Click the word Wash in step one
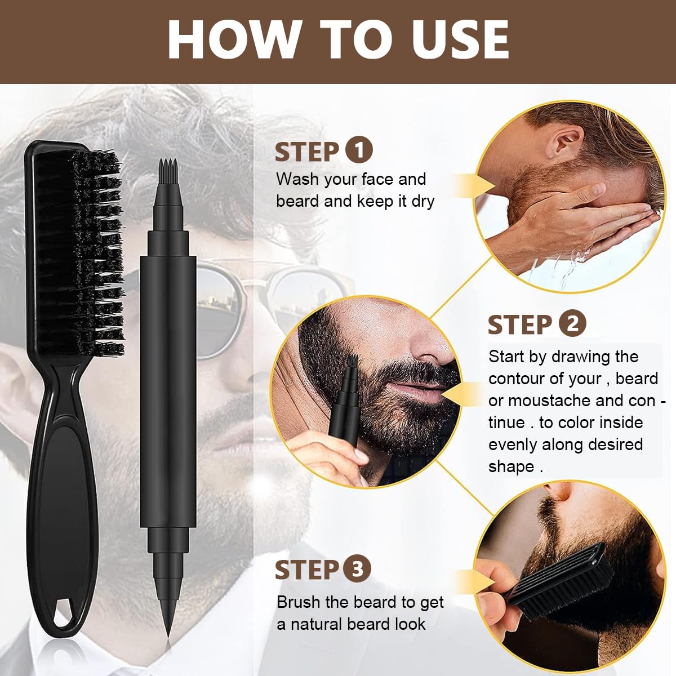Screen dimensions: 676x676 pyautogui.click(x=298, y=179)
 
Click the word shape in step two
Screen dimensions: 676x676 pyautogui.click(x=511, y=466)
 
